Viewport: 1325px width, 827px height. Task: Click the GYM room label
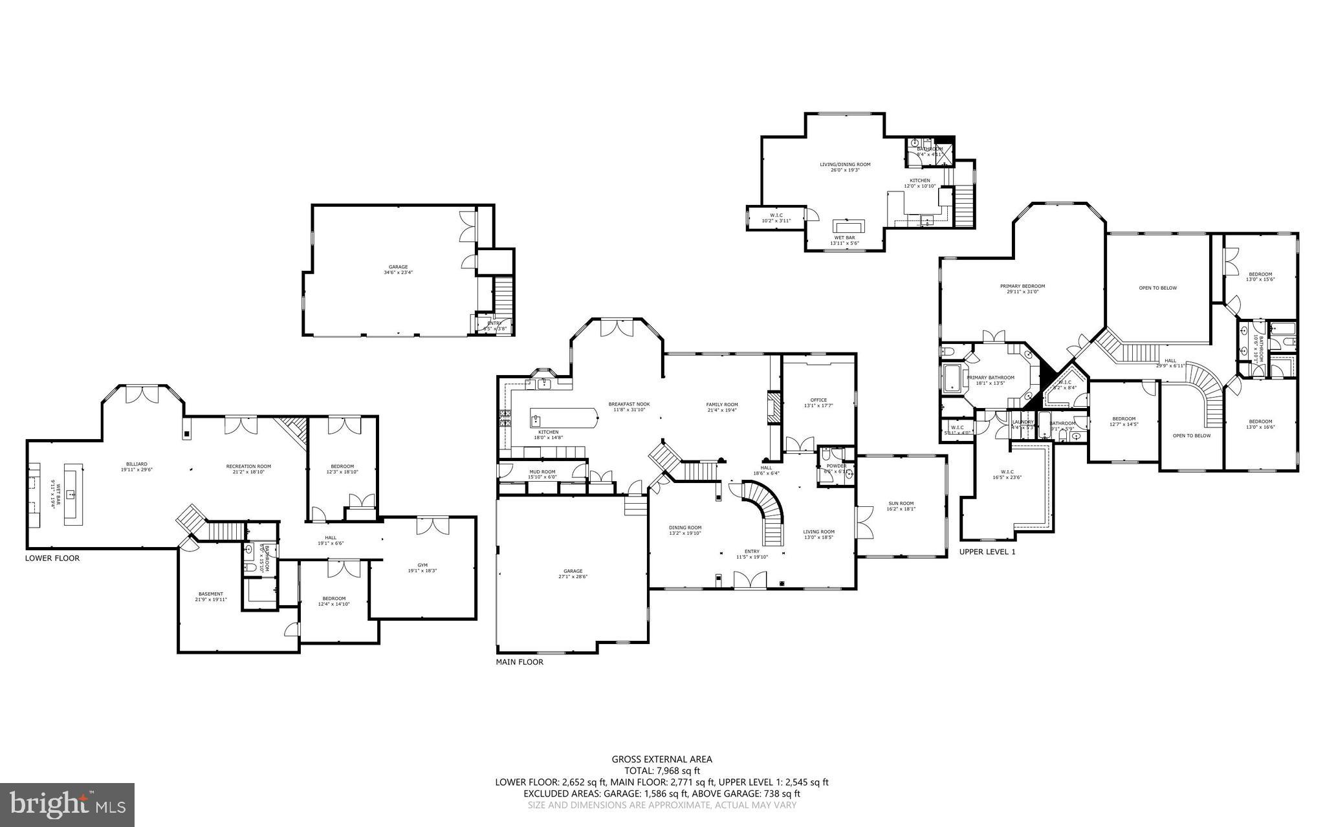click(x=422, y=565)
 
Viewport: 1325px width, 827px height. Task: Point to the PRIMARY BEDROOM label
click(x=1022, y=286)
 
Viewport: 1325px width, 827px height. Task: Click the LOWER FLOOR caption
click(x=52, y=558)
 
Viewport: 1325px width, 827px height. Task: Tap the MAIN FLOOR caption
click(x=520, y=662)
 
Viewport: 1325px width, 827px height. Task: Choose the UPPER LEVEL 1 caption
click(x=987, y=552)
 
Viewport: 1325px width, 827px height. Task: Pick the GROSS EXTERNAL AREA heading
click(x=662, y=760)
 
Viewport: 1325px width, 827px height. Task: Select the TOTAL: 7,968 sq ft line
click(x=662, y=771)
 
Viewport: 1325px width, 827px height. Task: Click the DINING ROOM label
click(x=685, y=528)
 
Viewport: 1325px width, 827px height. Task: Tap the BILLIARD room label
click(x=137, y=464)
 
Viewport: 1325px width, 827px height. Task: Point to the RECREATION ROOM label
click(x=248, y=466)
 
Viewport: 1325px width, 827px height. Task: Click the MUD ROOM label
click(x=542, y=472)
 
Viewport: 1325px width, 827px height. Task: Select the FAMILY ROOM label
click(x=722, y=405)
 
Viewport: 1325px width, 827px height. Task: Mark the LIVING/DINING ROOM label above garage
click(x=845, y=164)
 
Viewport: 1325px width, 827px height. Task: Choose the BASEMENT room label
click(x=210, y=594)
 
